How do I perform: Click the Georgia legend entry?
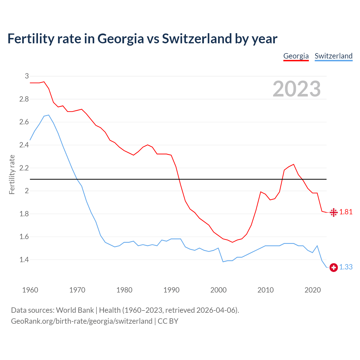coord(296,56)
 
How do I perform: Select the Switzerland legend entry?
coord(333,56)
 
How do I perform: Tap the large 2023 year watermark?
coord(297,89)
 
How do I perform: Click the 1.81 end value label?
coord(346,212)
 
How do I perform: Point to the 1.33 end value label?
coord(346,267)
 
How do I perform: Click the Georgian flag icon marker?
coord(334,212)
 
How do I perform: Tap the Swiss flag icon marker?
coord(334,267)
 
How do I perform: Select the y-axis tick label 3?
coord(27,76)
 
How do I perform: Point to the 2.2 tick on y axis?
coord(24,168)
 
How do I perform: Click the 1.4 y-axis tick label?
coord(24,260)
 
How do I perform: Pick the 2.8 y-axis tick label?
coord(24,99)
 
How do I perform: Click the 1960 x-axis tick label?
coord(30,290)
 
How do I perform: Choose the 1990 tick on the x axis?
coord(171,290)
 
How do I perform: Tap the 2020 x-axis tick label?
coord(312,290)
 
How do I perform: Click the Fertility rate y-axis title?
coord(12,174)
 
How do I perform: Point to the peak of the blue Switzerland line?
coord(49,115)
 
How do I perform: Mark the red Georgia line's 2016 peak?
coord(294,164)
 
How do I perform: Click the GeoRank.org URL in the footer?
coord(82,321)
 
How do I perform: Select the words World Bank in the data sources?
coord(75,310)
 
